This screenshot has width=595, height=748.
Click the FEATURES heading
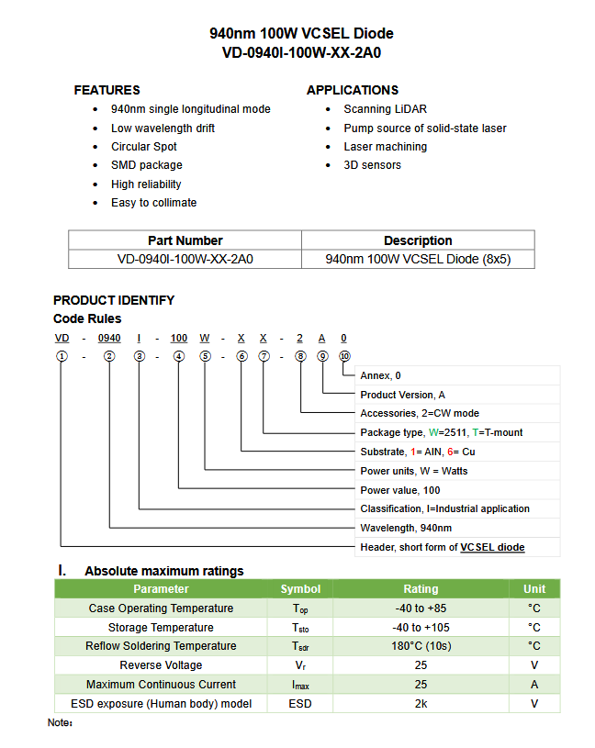pyautogui.click(x=107, y=90)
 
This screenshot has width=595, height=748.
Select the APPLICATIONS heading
pyautogui.click(x=352, y=90)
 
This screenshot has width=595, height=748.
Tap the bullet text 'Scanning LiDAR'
pyautogui.click(x=385, y=109)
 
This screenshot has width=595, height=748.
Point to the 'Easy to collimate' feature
pyautogui.click(x=153, y=203)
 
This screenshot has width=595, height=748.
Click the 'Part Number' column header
pyautogui.click(x=185, y=240)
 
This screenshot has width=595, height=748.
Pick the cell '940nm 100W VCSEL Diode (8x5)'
pyautogui.click(x=418, y=259)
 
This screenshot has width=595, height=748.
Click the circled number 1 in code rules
pyautogui.click(x=62, y=356)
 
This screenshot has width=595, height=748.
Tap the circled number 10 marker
pyautogui.click(x=344, y=356)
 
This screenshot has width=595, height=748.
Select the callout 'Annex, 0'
pyautogui.click(x=380, y=375)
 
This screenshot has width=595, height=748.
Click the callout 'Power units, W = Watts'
pyautogui.click(x=413, y=471)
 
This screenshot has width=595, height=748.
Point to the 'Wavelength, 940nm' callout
pyautogui.click(x=406, y=528)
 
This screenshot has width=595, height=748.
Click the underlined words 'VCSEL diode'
pyautogui.click(x=492, y=547)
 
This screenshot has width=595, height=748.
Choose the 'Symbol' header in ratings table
pyautogui.click(x=300, y=589)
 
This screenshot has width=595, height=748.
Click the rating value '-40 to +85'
pyautogui.click(x=421, y=608)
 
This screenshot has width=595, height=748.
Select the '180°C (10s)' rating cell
pyautogui.click(x=421, y=646)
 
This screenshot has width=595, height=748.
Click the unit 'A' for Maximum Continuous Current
pyautogui.click(x=534, y=685)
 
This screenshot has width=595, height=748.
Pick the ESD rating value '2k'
pyautogui.click(x=421, y=704)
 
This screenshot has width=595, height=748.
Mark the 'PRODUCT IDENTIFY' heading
pyautogui.click(x=113, y=300)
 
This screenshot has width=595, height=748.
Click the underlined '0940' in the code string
pyautogui.click(x=109, y=339)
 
